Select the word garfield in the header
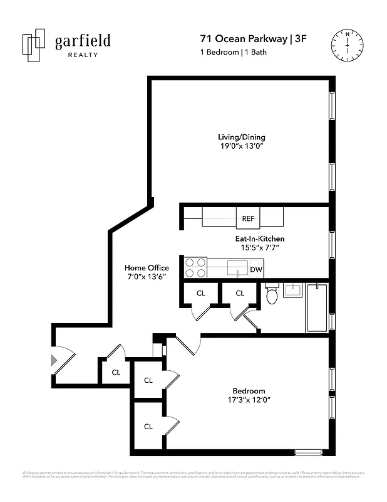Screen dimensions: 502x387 (83, 41)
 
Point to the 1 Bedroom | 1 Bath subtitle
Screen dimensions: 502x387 (234, 52)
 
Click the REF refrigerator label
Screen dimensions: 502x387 (248, 219)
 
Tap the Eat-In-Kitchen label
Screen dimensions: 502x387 (255, 238)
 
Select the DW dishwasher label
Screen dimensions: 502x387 (255, 270)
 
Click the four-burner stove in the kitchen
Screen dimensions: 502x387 (195, 268)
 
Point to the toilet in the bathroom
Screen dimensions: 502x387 (272, 294)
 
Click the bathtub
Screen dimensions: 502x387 (317, 307)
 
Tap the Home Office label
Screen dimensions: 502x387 (147, 268)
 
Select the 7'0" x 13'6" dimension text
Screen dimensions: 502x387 (147, 277)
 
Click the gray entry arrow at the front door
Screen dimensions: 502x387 (53, 360)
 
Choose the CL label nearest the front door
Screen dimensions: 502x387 (116, 372)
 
